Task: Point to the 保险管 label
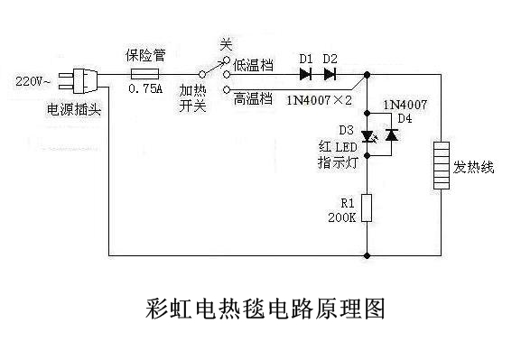143,54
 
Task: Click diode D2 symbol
330,73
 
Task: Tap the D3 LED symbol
367,135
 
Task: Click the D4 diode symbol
392,135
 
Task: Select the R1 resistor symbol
367,208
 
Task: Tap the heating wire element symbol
441,164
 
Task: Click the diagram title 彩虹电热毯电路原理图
265,309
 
